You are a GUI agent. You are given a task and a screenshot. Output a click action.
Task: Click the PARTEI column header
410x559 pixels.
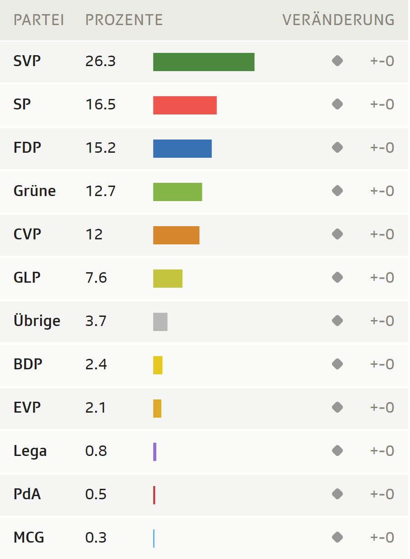[x=39, y=20]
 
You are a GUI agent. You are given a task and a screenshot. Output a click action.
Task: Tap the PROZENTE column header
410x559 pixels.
[x=124, y=20]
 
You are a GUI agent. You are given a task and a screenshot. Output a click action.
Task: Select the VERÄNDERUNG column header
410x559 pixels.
[x=338, y=20]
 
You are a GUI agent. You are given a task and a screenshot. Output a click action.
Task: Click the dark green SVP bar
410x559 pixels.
[x=204, y=62]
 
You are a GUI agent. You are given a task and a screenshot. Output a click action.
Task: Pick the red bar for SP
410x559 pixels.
[x=184, y=105]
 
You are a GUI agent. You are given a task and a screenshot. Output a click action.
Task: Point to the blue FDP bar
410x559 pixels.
[x=182, y=149]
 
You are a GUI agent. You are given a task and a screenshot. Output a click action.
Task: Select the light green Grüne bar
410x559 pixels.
[x=177, y=192]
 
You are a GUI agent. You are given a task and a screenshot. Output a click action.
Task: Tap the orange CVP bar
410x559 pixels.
[x=176, y=235]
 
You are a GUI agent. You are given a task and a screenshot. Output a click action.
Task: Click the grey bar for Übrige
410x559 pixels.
[x=160, y=322]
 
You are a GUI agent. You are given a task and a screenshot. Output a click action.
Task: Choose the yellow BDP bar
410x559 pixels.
[x=158, y=365]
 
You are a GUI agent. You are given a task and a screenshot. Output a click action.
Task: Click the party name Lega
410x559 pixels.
[x=30, y=451]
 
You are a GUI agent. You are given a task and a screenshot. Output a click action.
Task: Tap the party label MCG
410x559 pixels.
[x=29, y=538]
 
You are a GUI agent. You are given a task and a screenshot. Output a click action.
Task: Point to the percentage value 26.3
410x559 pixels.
[x=100, y=62]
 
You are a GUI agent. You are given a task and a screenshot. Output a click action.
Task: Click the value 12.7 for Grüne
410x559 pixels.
[x=100, y=192]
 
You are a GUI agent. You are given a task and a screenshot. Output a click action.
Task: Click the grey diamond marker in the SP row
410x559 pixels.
[x=337, y=104]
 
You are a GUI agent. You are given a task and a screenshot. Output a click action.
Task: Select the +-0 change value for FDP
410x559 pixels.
[x=382, y=148]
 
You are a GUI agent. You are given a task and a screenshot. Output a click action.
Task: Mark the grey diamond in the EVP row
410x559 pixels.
[x=337, y=407]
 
